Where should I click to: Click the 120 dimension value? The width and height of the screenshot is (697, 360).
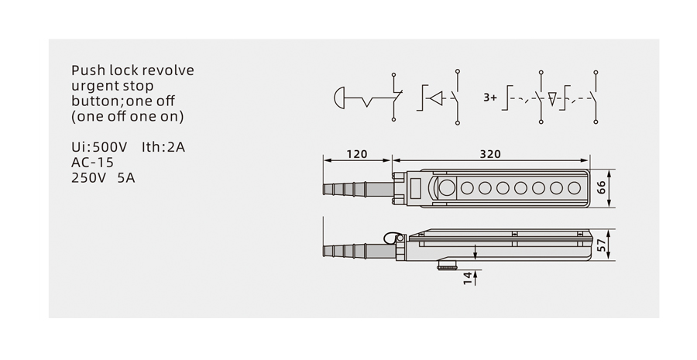click(x=356, y=154)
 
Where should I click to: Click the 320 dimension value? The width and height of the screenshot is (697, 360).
click(x=490, y=154)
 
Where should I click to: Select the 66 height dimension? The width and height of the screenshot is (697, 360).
click(x=601, y=187)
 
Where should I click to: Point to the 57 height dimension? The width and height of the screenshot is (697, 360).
click(x=601, y=245)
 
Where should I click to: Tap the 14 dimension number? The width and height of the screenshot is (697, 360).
click(x=467, y=278)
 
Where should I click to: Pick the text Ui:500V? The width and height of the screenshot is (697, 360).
click(x=99, y=147)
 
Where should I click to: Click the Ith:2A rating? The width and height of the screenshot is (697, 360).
click(x=163, y=147)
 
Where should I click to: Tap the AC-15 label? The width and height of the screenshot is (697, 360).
click(x=92, y=163)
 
